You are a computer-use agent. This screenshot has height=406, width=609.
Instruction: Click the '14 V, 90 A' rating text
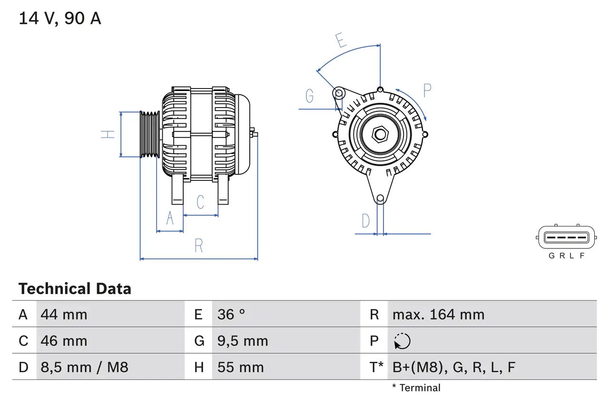click(60, 19)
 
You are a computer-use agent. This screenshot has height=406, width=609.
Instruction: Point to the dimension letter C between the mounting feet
click(200, 202)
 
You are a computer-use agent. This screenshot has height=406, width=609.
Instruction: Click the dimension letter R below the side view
click(199, 246)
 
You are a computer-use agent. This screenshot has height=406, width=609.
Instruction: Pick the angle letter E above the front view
click(340, 41)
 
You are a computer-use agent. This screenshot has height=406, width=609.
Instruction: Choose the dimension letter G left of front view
click(310, 96)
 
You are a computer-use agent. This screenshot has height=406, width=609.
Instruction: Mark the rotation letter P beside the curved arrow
click(427, 90)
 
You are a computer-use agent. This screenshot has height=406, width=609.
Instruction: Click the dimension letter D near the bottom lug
click(365, 221)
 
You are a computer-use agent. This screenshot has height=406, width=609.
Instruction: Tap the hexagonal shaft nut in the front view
click(380, 134)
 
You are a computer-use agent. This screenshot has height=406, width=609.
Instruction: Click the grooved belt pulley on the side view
click(150, 134)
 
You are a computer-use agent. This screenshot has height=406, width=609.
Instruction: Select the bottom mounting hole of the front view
click(380, 198)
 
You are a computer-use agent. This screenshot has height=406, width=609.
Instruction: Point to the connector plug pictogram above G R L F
click(566, 237)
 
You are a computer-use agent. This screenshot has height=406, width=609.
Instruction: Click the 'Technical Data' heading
click(75, 289)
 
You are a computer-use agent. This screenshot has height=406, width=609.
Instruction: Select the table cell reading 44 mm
click(64, 315)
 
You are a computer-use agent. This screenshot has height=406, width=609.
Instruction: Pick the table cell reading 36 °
click(231, 315)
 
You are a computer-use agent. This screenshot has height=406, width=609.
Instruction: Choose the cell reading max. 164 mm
click(438, 315)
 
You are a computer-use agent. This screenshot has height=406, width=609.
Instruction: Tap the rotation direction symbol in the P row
click(402, 341)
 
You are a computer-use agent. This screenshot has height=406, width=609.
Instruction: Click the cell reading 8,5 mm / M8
click(85, 367)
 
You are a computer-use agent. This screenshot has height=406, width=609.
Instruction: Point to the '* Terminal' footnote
click(416, 388)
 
